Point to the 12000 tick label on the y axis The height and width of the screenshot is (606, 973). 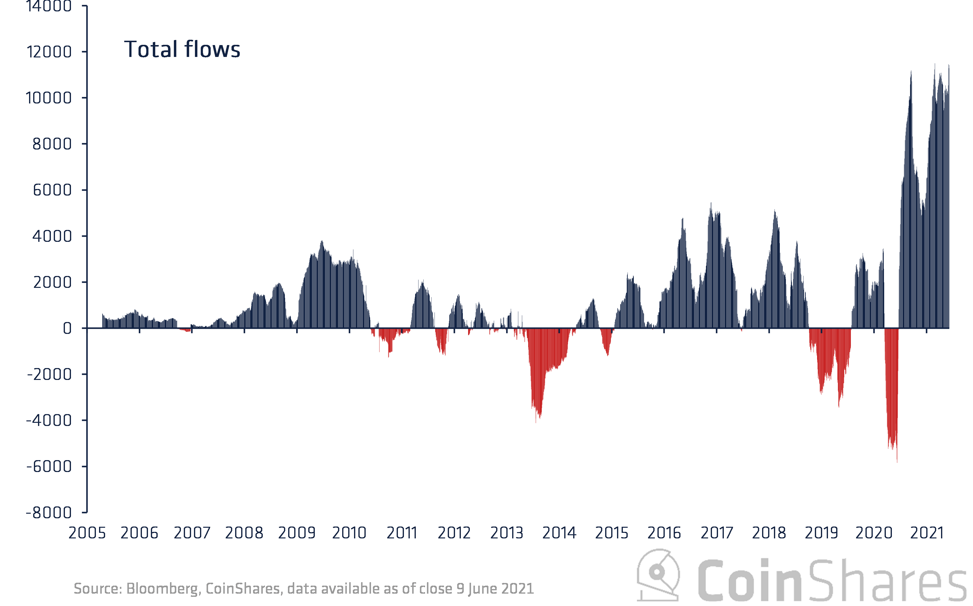49,52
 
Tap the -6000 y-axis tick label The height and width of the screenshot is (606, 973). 49,466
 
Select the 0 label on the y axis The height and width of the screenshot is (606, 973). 67,329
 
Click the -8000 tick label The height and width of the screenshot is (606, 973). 49,513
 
